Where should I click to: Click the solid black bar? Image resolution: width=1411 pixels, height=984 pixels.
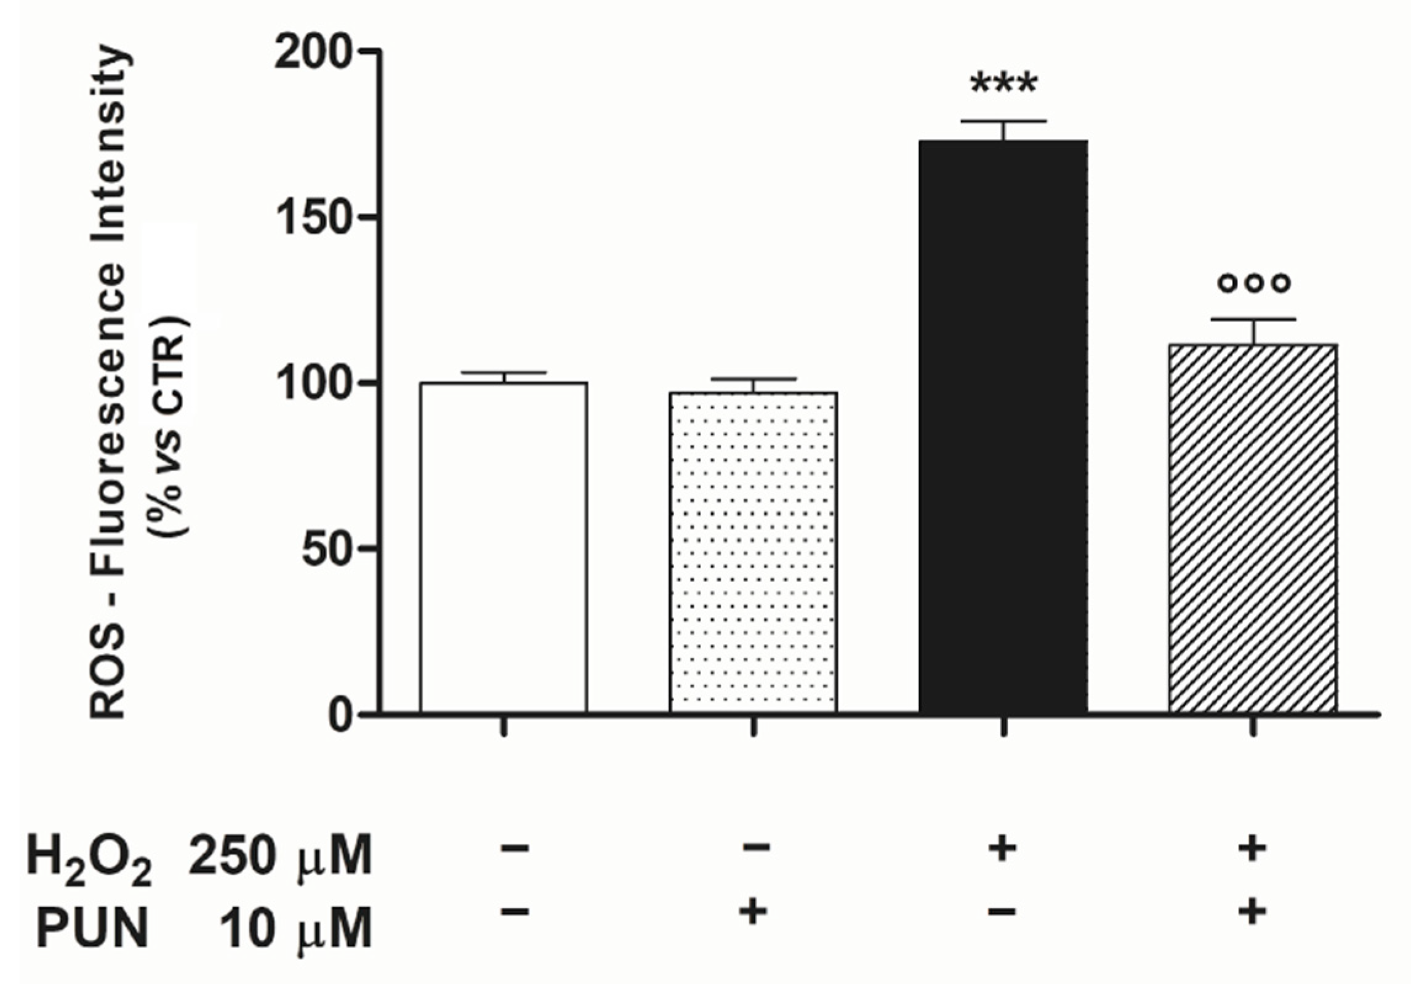[x=1003, y=425]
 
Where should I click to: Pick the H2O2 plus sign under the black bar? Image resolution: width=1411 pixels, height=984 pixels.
[x=1003, y=849]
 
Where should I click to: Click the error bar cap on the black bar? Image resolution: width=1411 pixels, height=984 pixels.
[x=1003, y=121]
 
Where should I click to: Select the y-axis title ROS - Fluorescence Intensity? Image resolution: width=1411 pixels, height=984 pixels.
[x=108, y=382]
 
